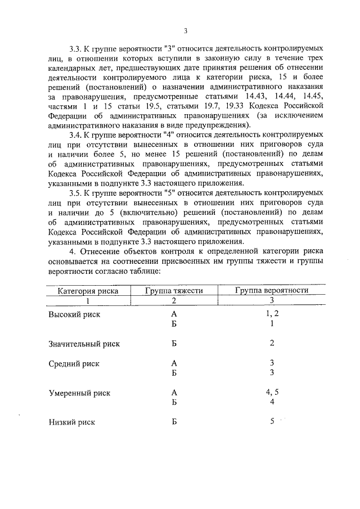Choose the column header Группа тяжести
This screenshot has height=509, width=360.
click(x=173, y=291)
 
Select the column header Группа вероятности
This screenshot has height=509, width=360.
click(x=272, y=291)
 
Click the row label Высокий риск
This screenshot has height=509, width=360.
click(x=74, y=315)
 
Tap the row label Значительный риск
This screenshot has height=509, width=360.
click(x=84, y=344)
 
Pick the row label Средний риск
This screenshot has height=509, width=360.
click(x=74, y=363)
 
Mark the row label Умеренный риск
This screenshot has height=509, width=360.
click(x=79, y=393)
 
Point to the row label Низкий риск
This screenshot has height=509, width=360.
click(x=71, y=422)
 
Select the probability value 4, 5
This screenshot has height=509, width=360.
click(x=272, y=392)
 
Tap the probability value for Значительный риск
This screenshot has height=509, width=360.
click(x=272, y=343)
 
